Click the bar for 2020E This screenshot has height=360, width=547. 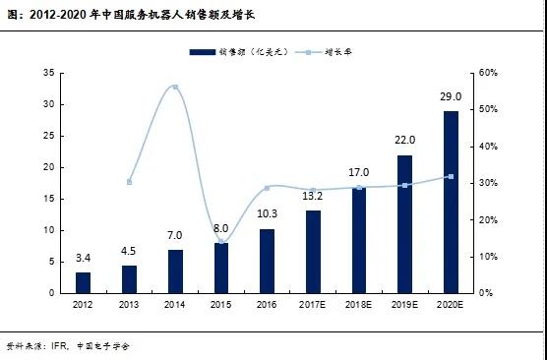point(451,202)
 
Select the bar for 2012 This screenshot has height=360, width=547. point(83,282)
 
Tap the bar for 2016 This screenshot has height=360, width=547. point(267,261)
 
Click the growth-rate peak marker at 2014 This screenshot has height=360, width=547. point(175,88)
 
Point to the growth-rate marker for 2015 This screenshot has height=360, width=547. point(221,242)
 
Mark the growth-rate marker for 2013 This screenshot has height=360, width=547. point(129,182)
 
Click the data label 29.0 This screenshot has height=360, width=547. point(451,98)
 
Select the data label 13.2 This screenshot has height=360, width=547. point(313,196)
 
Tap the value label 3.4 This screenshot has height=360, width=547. point(83,259)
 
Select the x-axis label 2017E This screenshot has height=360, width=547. point(313,306)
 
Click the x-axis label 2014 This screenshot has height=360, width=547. point(175,306)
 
